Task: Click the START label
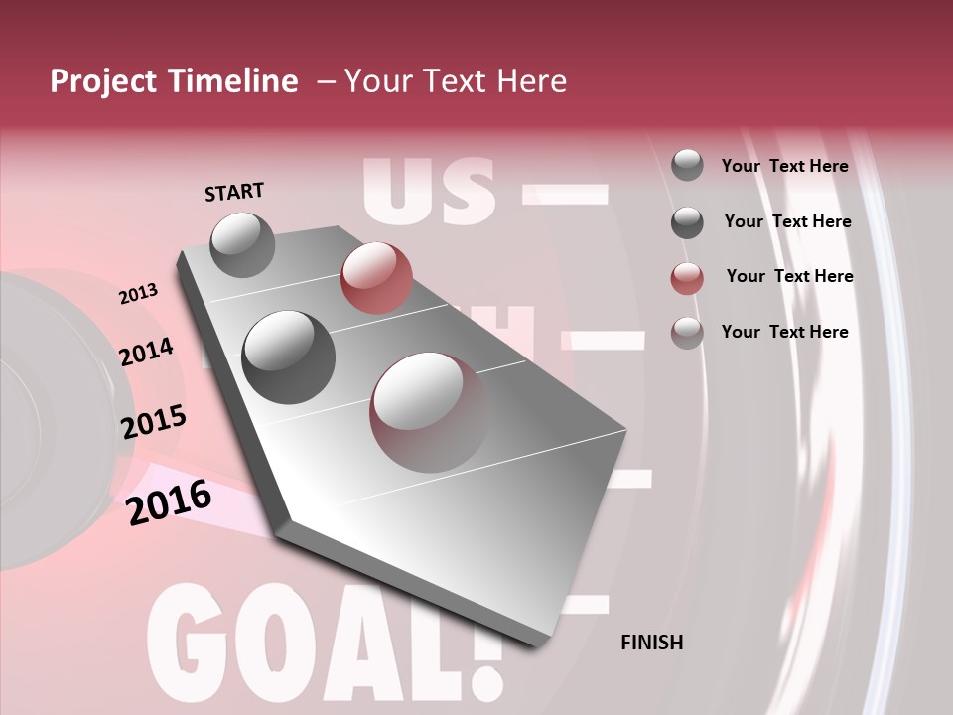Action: point(234,191)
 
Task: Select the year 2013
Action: point(138,294)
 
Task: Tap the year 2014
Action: point(146,352)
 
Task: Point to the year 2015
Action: point(154,421)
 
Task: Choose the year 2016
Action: point(169,501)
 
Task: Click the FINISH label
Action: point(651,643)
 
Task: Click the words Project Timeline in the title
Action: point(174,81)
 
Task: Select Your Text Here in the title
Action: point(456,81)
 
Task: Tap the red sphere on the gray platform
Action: point(375,277)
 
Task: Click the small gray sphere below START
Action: point(242,245)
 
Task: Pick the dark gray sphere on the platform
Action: point(288,357)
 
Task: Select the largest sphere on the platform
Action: point(429,410)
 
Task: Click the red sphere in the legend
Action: point(687,278)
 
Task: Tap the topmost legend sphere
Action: point(687,165)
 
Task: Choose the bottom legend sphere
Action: point(687,333)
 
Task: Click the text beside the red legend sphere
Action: point(789,276)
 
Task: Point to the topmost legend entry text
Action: point(784,166)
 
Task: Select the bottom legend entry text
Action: point(784,332)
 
